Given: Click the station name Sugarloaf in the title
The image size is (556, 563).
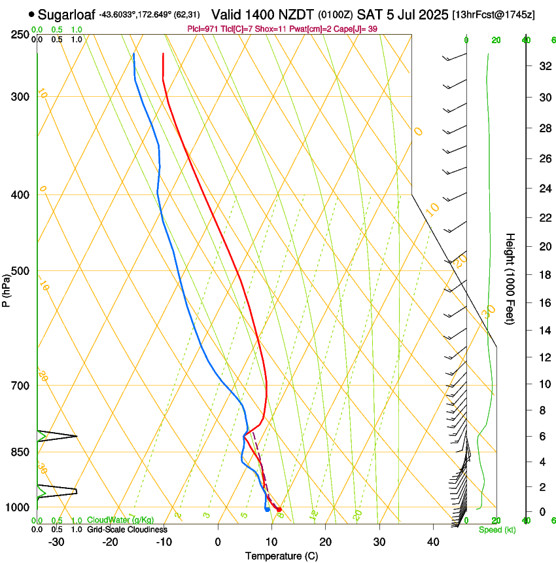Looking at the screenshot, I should pos(67,14).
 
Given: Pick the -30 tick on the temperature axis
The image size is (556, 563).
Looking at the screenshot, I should pos(56,542).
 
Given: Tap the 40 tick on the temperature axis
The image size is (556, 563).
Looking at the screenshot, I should pos(433,542).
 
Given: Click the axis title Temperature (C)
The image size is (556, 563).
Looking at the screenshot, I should pos(281,556).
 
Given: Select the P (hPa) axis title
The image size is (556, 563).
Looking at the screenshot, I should pos(7,287).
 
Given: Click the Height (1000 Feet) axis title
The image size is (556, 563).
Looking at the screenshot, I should pos(510,279).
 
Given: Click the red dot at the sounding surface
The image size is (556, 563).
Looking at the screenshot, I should pos(279,509).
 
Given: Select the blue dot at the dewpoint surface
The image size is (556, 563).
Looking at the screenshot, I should pos(268,509).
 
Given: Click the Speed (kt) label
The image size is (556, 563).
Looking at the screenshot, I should pos(496,530).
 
